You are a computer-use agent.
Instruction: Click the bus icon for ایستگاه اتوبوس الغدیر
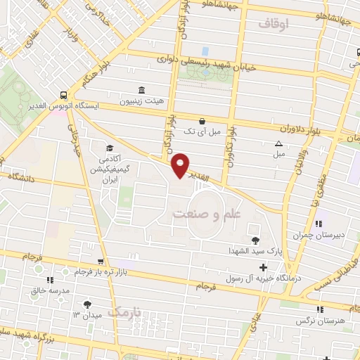pyautogui.click(x=64, y=96)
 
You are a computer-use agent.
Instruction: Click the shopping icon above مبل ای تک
pyautogui.click(x=202, y=120)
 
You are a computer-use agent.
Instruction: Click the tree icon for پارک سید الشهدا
pyautogui.click(x=255, y=240)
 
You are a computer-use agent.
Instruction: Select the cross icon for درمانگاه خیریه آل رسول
pyautogui.click(x=263, y=267)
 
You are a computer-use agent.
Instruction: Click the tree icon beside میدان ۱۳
pyautogui.click(x=87, y=304)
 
